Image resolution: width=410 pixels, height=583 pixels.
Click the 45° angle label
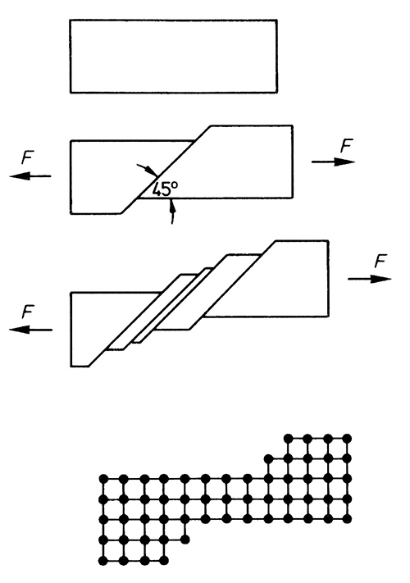point(165,189)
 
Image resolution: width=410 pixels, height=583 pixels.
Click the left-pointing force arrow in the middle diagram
point(30,175)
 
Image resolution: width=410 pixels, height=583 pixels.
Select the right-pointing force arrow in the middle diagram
point(333,162)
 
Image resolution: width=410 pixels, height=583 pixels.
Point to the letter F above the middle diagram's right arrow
point(346,146)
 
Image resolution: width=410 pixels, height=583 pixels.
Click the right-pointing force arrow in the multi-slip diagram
point(370,279)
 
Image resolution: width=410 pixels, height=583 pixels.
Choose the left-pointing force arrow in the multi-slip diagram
point(31,330)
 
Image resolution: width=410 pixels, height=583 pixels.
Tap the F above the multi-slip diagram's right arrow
point(380,261)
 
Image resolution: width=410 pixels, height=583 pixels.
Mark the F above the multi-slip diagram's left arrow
point(28,312)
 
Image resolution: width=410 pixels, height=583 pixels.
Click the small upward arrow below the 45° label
point(172,212)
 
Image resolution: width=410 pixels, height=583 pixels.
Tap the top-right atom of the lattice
point(347,439)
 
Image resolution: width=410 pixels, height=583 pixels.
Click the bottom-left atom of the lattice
point(103,560)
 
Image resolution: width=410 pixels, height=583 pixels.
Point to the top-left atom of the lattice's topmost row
point(289,439)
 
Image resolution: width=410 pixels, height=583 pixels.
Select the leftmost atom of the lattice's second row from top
point(268,459)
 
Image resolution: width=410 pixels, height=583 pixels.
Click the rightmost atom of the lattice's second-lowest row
point(185,539)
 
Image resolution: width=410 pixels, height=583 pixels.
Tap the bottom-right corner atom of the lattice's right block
point(348,519)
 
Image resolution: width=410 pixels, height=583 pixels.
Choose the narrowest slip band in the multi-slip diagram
point(173,305)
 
